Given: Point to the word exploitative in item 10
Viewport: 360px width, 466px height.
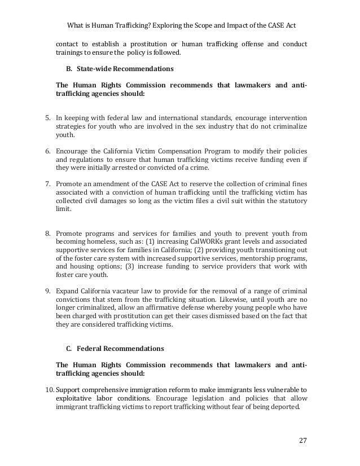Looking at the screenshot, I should pyautogui.click(x=75, y=399).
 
